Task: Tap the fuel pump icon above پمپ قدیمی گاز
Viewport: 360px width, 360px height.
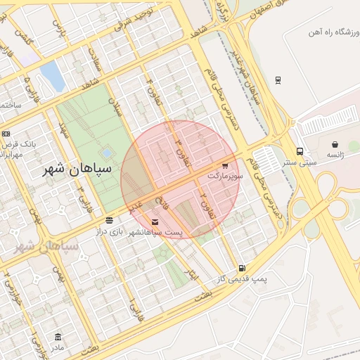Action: pyautogui.click(x=242, y=267)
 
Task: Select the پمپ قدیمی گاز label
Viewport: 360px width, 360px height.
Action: pyautogui.click(x=242, y=278)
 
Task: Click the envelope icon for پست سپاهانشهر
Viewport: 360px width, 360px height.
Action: pyautogui.click(x=155, y=222)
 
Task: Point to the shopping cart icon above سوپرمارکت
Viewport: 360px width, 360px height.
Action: pyautogui.click(x=225, y=166)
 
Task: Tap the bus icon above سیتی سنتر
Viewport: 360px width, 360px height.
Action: pyautogui.click(x=300, y=151)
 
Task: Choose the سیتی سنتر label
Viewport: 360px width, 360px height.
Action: pyautogui.click(x=300, y=162)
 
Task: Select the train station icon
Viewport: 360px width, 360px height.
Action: pyautogui.click(x=278, y=79)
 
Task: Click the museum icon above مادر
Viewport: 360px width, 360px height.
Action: pyautogui.click(x=58, y=337)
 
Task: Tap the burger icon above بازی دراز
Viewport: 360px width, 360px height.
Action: pyautogui.click(x=109, y=220)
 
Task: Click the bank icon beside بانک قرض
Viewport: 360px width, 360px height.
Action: pyautogui.click(x=6, y=134)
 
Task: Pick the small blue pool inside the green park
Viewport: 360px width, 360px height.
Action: pyautogui.click(x=105, y=153)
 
